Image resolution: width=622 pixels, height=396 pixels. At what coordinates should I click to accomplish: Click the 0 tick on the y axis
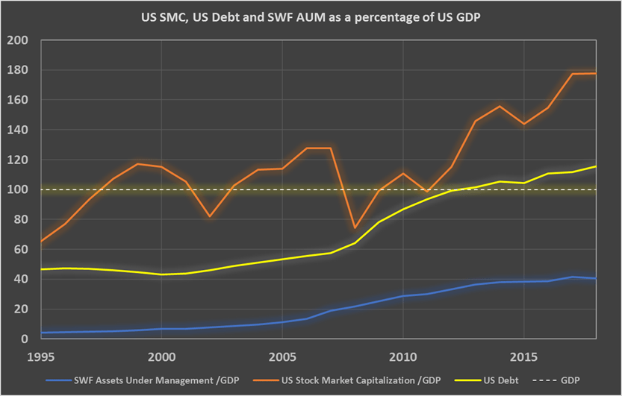point(26,339)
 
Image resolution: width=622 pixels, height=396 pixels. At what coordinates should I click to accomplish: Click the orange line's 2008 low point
point(355,228)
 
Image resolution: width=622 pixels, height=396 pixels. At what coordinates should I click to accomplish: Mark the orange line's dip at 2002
point(210,216)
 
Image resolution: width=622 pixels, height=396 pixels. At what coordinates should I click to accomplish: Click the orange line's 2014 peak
point(500,106)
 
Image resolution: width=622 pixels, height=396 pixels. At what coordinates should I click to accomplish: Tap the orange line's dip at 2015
point(524,124)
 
